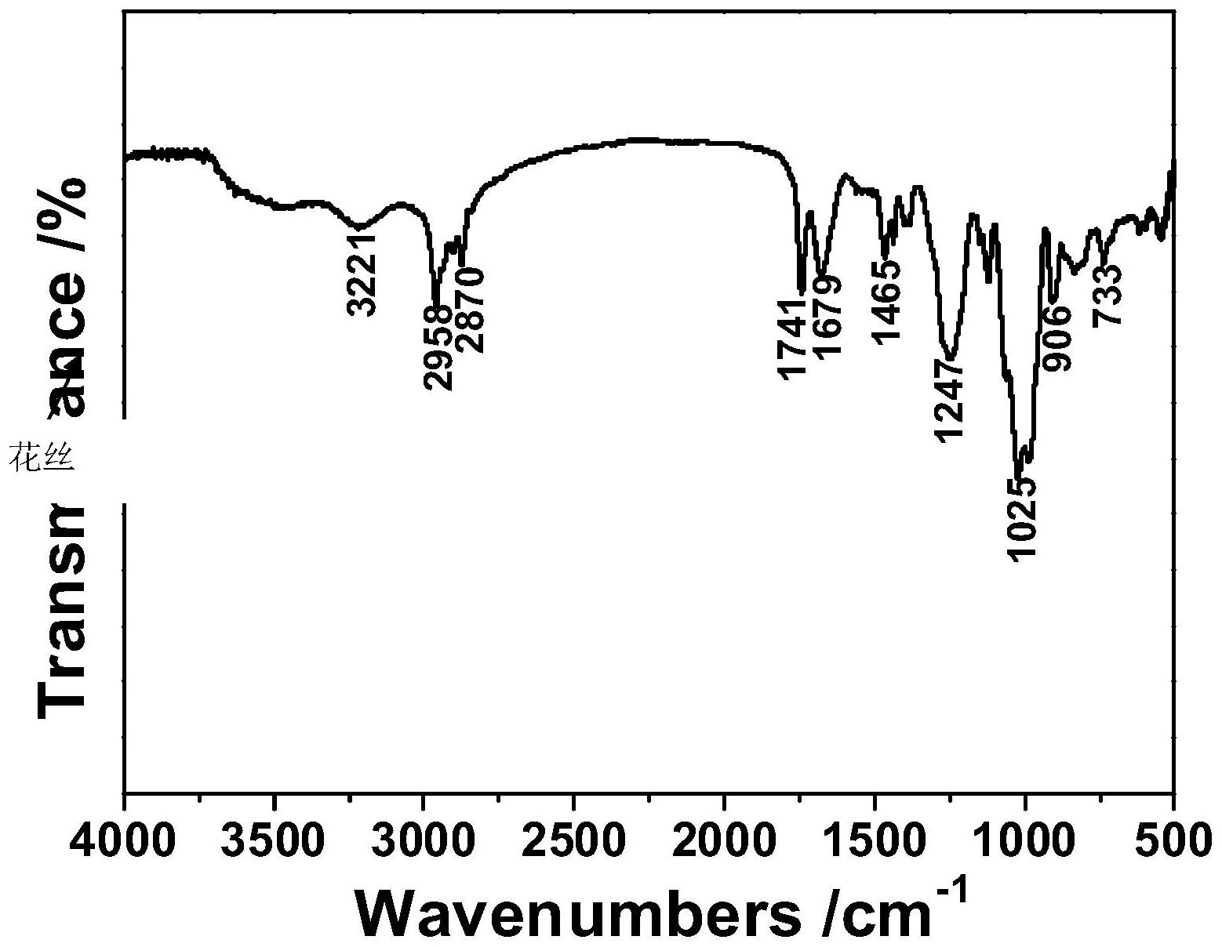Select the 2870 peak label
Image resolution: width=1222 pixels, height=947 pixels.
pyautogui.click(x=471, y=310)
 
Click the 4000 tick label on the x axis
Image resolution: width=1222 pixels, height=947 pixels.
pyautogui.click(x=124, y=840)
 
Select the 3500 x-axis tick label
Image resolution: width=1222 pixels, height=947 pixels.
pyautogui.click(x=275, y=840)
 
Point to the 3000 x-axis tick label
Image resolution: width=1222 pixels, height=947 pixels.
pyautogui.click(x=424, y=840)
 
